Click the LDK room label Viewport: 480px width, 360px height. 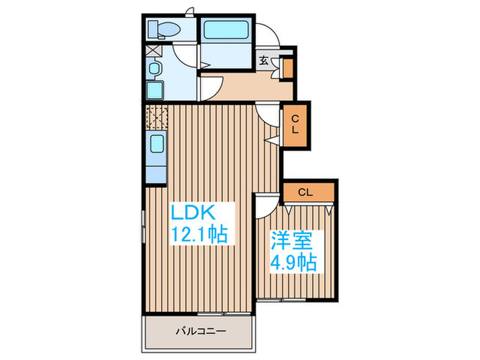(193, 213)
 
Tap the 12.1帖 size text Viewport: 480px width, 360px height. (199, 235)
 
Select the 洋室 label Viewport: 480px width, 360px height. (291, 240)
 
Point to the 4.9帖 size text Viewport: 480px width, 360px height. (293, 262)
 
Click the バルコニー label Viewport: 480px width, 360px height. (201, 331)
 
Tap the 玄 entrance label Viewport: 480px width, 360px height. (263, 61)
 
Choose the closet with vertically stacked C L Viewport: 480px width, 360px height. (295, 125)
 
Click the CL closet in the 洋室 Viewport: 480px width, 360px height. (309, 193)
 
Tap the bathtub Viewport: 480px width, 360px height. (226, 29)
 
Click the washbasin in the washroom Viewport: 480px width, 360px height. (155, 68)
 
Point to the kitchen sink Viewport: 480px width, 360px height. (157, 144)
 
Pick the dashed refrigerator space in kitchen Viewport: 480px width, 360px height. (157, 117)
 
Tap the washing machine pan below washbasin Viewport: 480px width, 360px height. (155, 90)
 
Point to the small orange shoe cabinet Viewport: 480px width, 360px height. (288, 69)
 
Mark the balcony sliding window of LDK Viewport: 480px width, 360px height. (224, 314)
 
